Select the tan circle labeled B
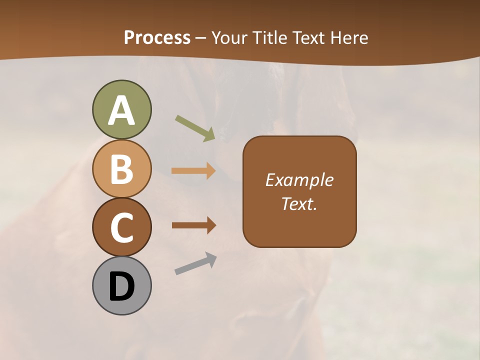click(x=121, y=168)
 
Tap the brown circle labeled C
click(x=121, y=227)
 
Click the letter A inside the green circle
click(x=121, y=111)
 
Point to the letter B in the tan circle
click(x=121, y=169)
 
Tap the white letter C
click(x=121, y=227)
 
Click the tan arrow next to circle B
click(x=193, y=171)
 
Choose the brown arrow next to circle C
click(x=193, y=225)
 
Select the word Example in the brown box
click(x=299, y=180)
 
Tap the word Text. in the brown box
click(x=299, y=204)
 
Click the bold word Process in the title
click(x=157, y=37)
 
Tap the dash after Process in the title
click(x=201, y=38)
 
